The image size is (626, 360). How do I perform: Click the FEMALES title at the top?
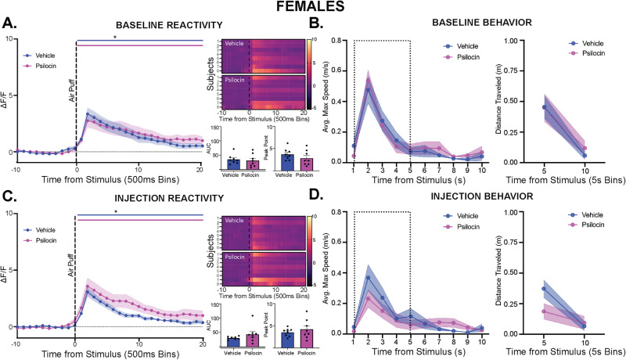coord(313,9)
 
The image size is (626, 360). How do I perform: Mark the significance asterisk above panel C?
coord(138,212)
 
